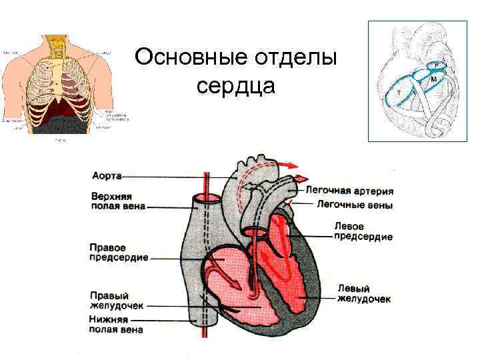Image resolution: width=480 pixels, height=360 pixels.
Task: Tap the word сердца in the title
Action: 237,87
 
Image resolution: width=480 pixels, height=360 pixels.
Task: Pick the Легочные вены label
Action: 354,205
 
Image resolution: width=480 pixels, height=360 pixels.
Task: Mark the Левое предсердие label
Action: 363,231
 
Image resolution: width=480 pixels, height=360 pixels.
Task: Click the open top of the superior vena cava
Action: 205,199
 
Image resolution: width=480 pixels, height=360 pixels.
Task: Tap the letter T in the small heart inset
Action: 399,93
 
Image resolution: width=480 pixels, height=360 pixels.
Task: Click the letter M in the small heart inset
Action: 434,79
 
